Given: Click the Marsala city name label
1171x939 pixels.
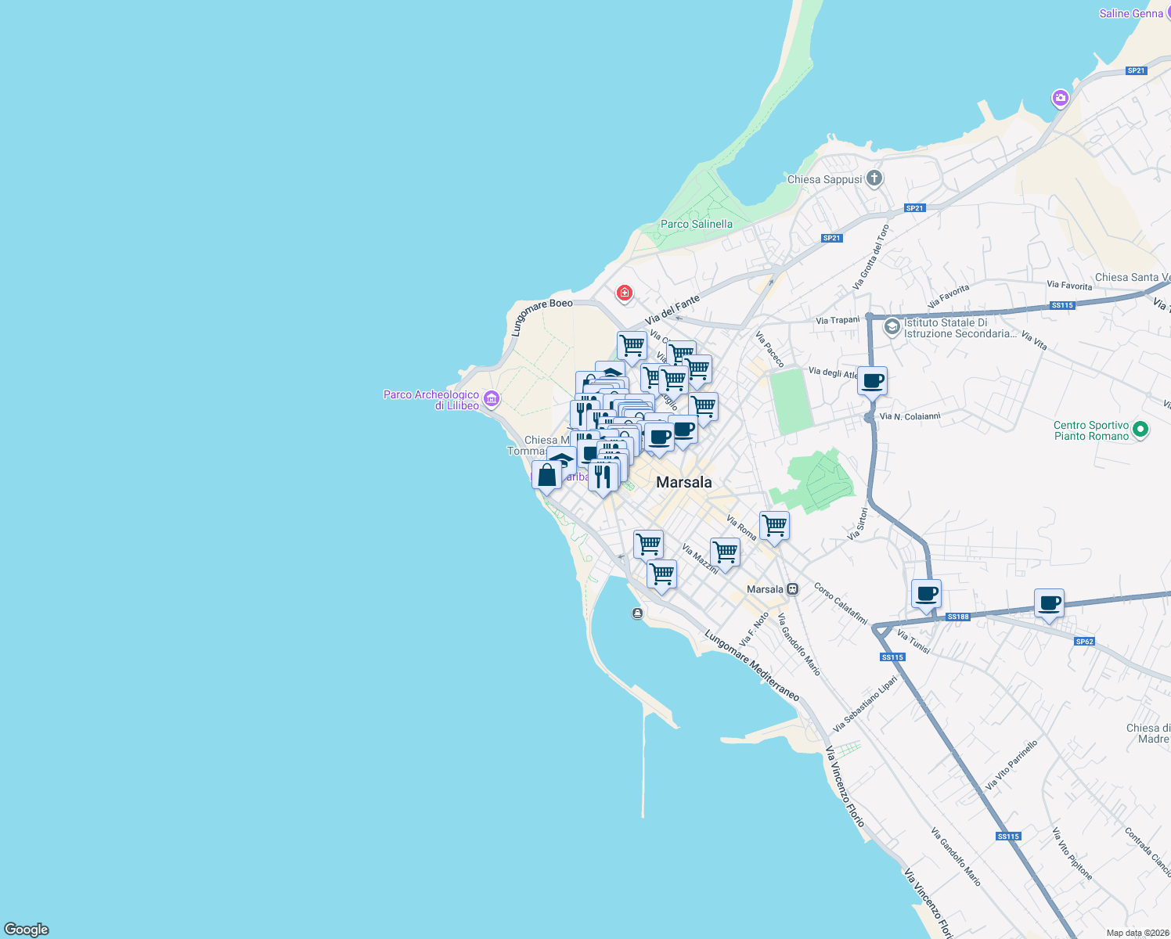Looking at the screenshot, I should [x=684, y=483].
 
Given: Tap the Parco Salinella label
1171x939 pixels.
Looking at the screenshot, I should [x=697, y=224].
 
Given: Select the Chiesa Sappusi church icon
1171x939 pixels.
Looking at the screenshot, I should [x=874, y=178].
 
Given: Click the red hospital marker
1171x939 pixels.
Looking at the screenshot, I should [x=625, y=293].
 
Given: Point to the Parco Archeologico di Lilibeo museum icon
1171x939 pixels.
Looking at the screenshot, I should [x=492, y=399].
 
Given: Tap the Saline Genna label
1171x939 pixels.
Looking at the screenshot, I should [x=1131, y=13].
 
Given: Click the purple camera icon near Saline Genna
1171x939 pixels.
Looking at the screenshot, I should [x=1060, y=98].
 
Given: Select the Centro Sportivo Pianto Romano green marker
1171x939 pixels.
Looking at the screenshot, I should [x=1140, y=429].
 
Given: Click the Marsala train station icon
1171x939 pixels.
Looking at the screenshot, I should [x=793, y=589].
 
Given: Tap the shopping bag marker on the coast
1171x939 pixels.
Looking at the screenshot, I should [x=546, y=475].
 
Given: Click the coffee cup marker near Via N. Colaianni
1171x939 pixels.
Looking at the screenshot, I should [x=872, y=382].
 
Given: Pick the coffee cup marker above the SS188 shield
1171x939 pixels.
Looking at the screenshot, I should [x=926, y=594].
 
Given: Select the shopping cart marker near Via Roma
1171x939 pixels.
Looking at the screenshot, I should [x=774, y=526].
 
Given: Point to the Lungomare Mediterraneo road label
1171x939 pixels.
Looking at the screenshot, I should [x=751, y=665].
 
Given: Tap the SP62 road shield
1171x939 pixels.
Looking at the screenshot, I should [x=1084, y=642].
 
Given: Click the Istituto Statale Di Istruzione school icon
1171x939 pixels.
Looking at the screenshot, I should [x=892, y=327].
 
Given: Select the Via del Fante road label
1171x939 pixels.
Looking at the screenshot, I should [x=672, y=311].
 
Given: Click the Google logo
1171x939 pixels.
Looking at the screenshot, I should [x=27, y=930].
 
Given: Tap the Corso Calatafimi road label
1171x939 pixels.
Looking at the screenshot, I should [x=841, y=603].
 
